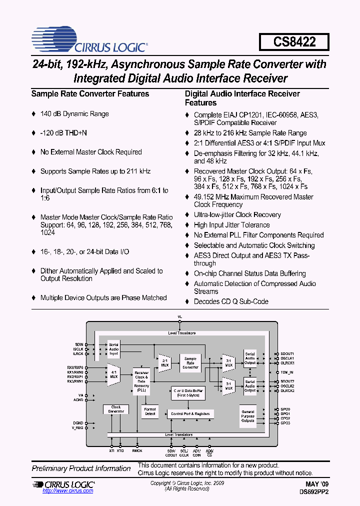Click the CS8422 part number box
click(x=294, y=42)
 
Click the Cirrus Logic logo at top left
click(x=89, y=42)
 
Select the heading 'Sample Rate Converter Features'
click(x=90, y=93)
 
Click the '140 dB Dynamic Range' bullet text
click(x=74, y=114)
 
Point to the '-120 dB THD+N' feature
click(x=63, y=133)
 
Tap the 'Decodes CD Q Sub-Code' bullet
click(x=231, y=301)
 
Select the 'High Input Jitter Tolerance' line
click(x=231, y=225)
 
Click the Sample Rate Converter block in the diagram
click(x=190, y=363)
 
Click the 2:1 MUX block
click(x=164, y=363)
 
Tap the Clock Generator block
click(x=116, y=409)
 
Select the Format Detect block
click(x=150, y=411)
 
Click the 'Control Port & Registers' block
click(x=190, y=414)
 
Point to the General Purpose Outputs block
click(x=248, y=416)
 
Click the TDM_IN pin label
click(x=287, y=372)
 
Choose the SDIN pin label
click(x=79, y=344)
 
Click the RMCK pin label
click(x=137, y=450)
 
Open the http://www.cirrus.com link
click(x=67, y=491)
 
